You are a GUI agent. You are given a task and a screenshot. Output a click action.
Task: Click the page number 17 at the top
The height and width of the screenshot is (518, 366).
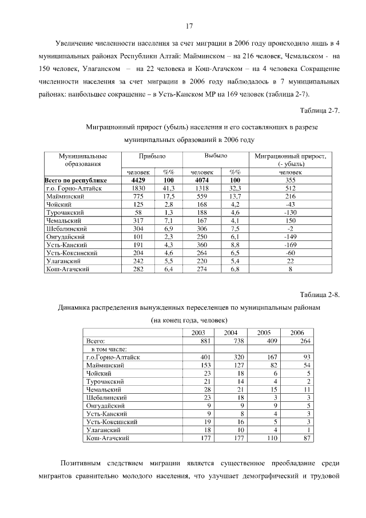tap(189, 25)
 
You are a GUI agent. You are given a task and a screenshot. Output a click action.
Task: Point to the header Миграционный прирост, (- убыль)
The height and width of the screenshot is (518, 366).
tap(290, 159)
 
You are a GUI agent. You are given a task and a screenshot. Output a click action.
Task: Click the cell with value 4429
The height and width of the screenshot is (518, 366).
tap(140, 180)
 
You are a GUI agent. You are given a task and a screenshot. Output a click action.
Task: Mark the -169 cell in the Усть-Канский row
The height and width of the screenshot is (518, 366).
tap(290, 244)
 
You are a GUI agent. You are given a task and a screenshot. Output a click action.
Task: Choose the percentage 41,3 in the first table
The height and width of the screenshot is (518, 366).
tap(168, 188)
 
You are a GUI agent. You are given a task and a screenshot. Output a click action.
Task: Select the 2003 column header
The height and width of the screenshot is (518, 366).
tap(198, 333)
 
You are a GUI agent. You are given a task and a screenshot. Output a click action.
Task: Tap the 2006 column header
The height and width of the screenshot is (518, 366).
tap(297, 333)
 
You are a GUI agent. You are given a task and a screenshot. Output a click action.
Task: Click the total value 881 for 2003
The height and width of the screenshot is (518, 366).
tap(205, 341)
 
